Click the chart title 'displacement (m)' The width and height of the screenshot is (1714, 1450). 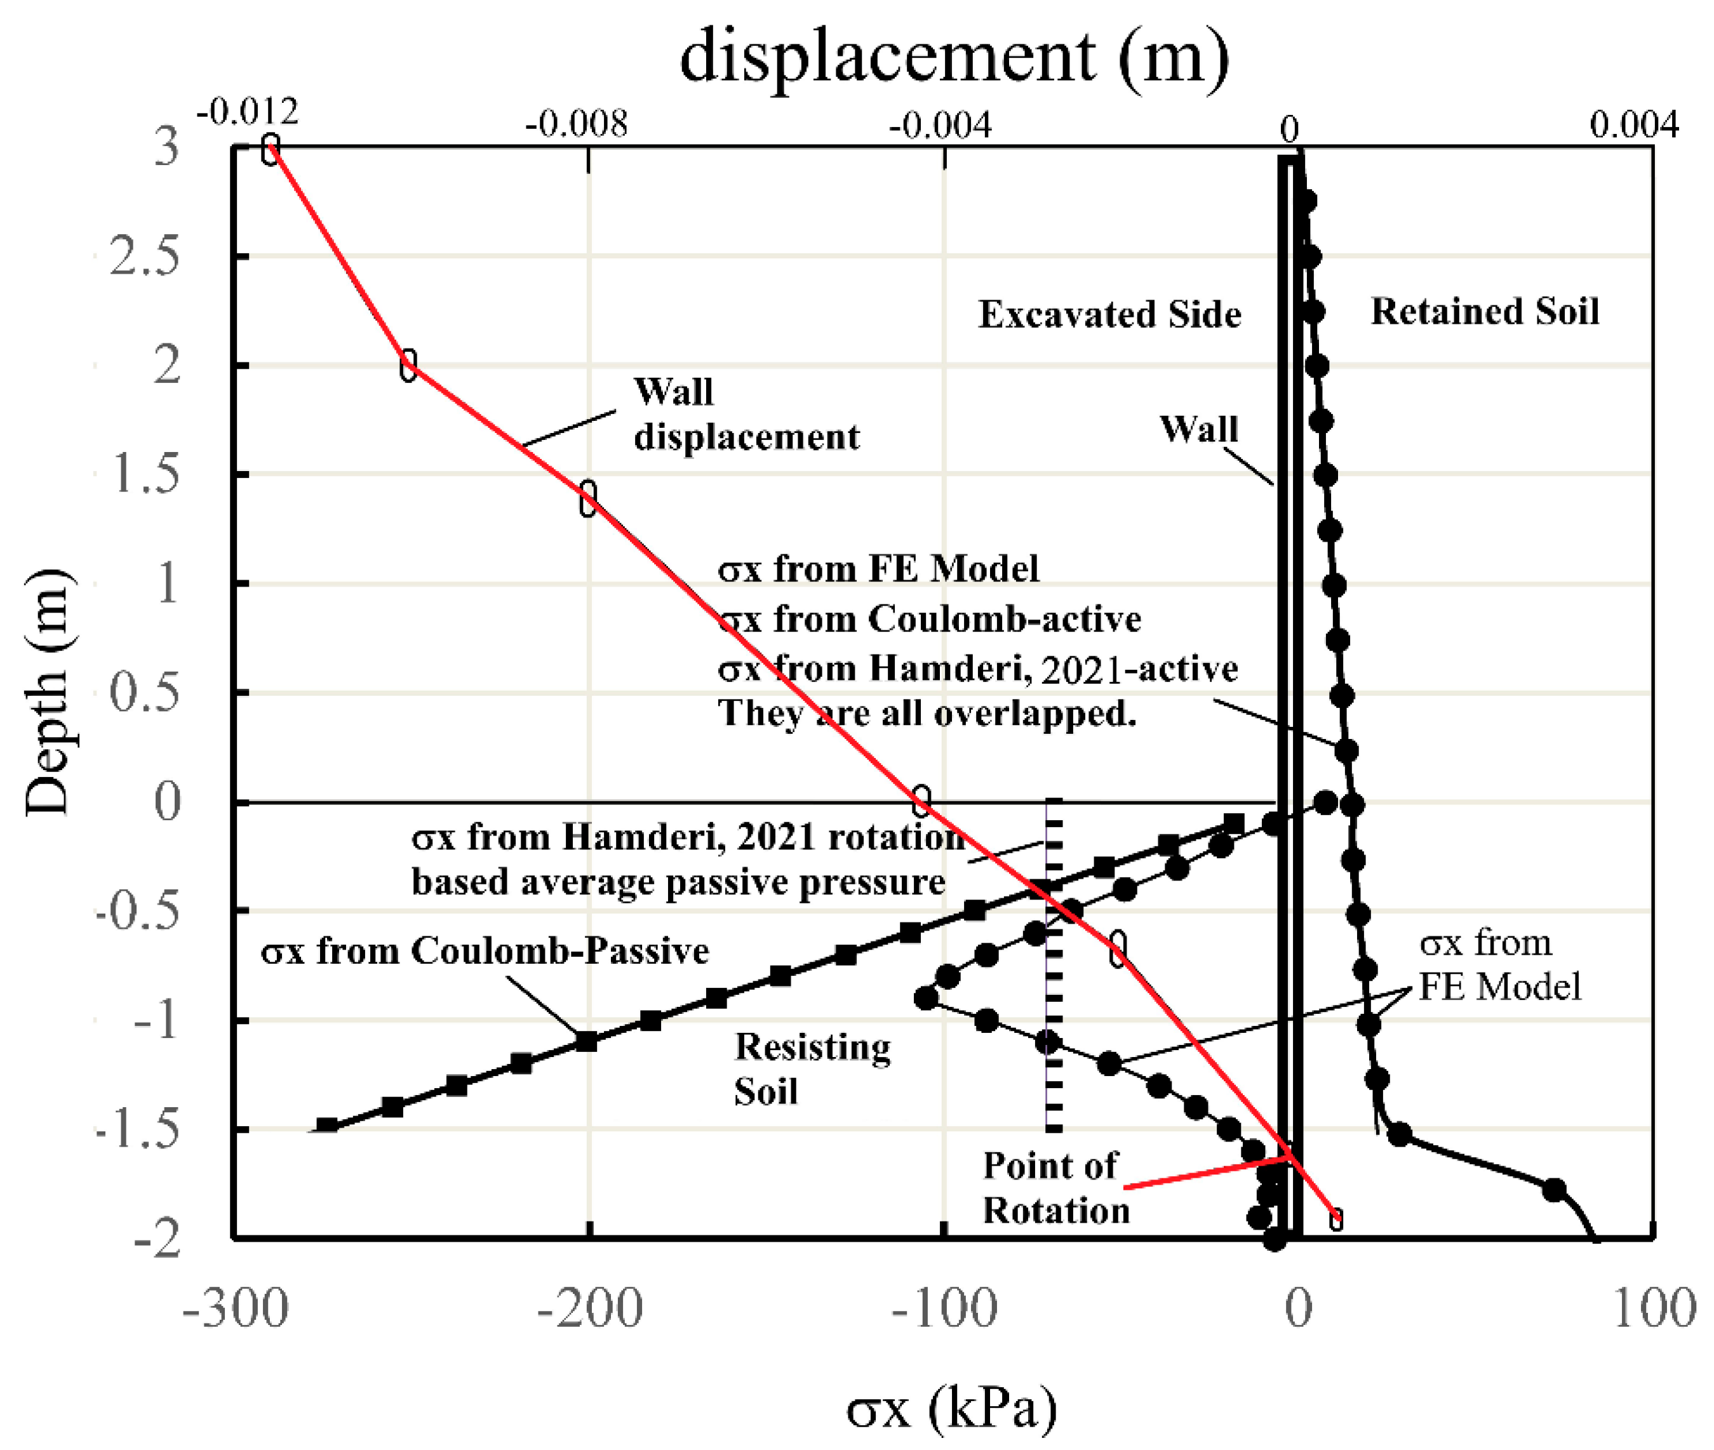click(x=954, y=58)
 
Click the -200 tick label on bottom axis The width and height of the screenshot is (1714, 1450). click(x=589, y=1308)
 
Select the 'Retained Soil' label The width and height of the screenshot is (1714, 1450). click(x=1485, y=312)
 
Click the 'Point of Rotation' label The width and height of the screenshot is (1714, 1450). click(x=1055, y=1188)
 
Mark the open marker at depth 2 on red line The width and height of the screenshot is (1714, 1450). click(x=408, y=365)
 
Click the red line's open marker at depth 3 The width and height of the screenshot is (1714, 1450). click(x=271, y=150)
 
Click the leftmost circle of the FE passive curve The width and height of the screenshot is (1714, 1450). click(x=927, y=998)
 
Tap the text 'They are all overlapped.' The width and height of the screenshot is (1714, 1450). click(x=927, y=714)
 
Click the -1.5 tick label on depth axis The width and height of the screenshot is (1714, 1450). click(x=137, y=1130)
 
